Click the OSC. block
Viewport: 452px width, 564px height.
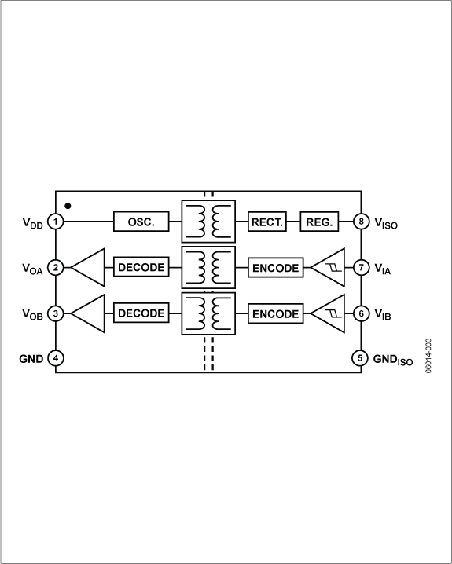pyautogui.click(x=141, y=222)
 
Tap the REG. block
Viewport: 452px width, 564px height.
pyautogui.click(x=319, y=222)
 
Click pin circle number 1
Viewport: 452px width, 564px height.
pyautogui.click(x=56, y=222)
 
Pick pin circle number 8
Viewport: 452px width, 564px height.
pyautogui.click(x=360, y=222)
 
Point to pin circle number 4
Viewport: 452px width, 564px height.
pyautogui.click(x=56, y=358)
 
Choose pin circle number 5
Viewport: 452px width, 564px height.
pyautogui.click(x=360, y=358)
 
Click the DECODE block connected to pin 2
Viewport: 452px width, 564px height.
pyautogui.click(x=141, y=267)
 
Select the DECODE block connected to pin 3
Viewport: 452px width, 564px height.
pyautogui.click(x=141, y=313)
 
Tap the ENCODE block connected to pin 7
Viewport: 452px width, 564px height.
pyautogui.click(x=275, y=267)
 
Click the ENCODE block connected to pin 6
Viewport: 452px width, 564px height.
pyautogui.click(x=275, y=313)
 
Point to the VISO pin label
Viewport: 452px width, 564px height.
pyautogui.click(x=386, y=223)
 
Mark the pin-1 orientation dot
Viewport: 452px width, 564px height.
pyautogui.click(x=68, y=206)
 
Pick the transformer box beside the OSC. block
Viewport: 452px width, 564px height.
pyautogui.click(x=208, y=222)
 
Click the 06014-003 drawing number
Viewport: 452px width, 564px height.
pyautogui.click(x=429, y=356)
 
